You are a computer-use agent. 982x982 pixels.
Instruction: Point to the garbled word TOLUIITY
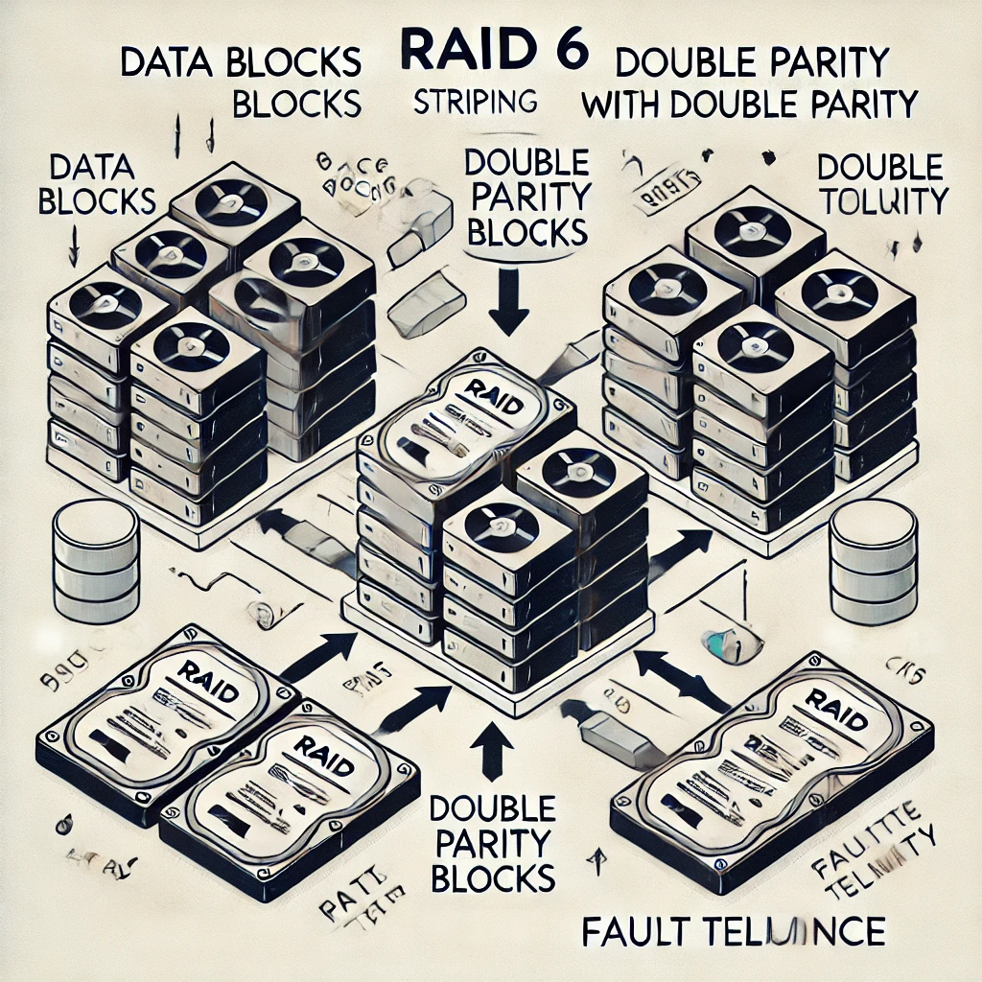coord(882,201)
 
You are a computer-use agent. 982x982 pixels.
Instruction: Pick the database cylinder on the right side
coord(872,562)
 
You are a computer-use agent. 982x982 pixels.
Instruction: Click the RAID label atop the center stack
coord(491,396)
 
